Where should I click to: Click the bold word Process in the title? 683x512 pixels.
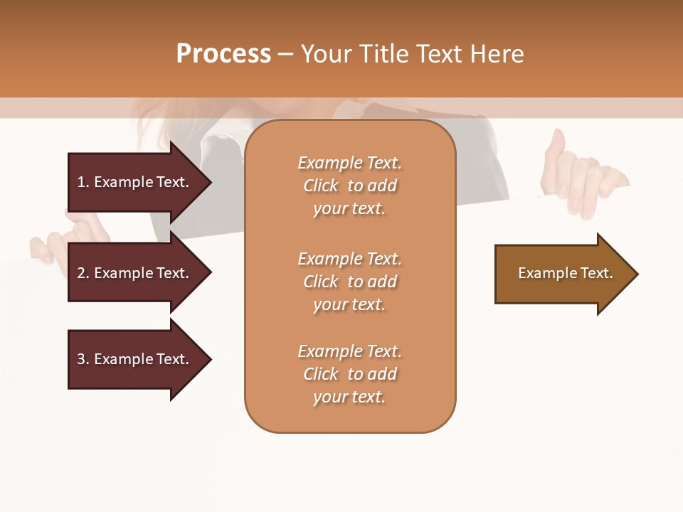[223, 54]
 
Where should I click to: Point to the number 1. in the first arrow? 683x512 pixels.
[83, 182]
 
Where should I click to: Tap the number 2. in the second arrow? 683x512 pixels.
[83, 273]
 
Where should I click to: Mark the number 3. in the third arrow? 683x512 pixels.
[83, 359]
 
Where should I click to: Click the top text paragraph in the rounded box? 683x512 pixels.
[349, 186]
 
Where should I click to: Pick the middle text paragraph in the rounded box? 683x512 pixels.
[349, 282]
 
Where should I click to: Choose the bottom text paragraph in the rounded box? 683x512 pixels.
[349, 374]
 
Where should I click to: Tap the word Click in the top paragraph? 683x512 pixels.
[321, 186]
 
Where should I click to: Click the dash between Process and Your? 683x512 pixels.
[285, 54]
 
